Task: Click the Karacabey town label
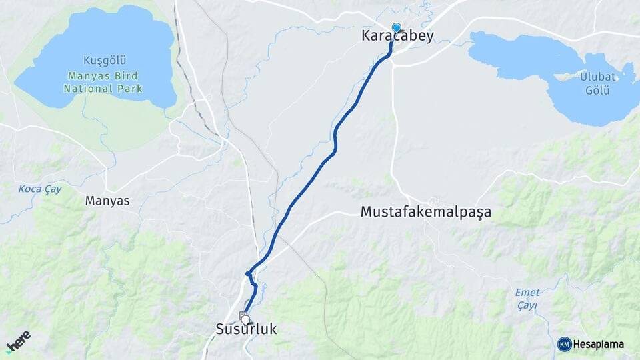click(397, 37)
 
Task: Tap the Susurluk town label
click(246, 329)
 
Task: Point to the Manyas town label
click(107, 200)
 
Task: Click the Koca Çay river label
click(40, 189)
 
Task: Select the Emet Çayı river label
click(527, 298)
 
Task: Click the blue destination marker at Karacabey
click(397, 27)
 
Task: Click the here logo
click(18, 341)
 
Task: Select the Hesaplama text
click(599, 344)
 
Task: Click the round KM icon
click(564, 344)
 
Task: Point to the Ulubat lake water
click(520, 53)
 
